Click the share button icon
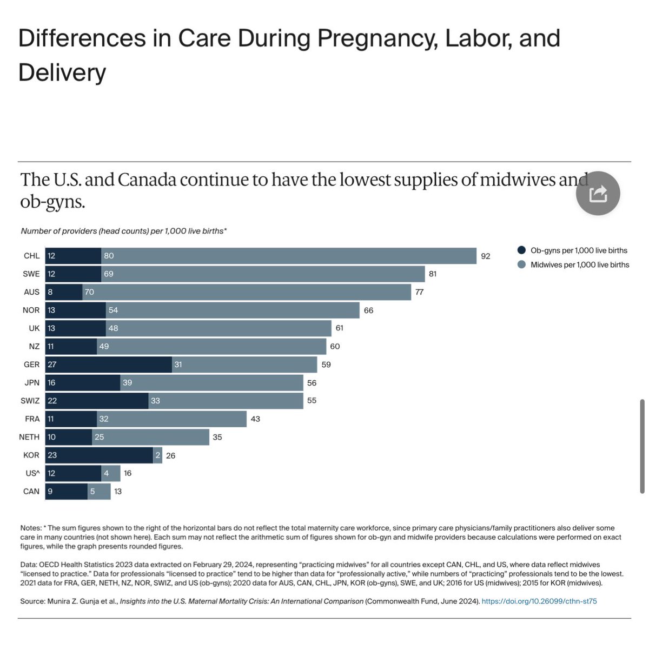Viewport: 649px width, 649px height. [x=598, y=194]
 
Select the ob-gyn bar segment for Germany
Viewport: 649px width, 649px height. [x=108, y=365]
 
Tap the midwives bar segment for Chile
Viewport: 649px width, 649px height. [x=288, y=256]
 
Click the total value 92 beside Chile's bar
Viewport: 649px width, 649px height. [x=485, y=256]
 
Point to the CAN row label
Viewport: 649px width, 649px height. [x=31, y=491]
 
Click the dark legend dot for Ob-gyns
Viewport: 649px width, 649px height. [x=521, y=250]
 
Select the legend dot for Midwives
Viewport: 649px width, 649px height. [x=521, y=265]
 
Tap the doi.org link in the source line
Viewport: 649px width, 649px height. [x=539, y=601]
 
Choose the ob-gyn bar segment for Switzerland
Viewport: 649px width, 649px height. [x=97, y=401]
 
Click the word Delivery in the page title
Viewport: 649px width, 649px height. [x=62, y=72]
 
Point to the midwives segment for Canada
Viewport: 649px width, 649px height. [x=99, y=491]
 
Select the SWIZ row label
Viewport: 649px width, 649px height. [x=30, y=401]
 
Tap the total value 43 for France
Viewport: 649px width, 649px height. [x=255, y=419]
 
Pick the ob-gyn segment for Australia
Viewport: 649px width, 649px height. [x=63, y=292]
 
